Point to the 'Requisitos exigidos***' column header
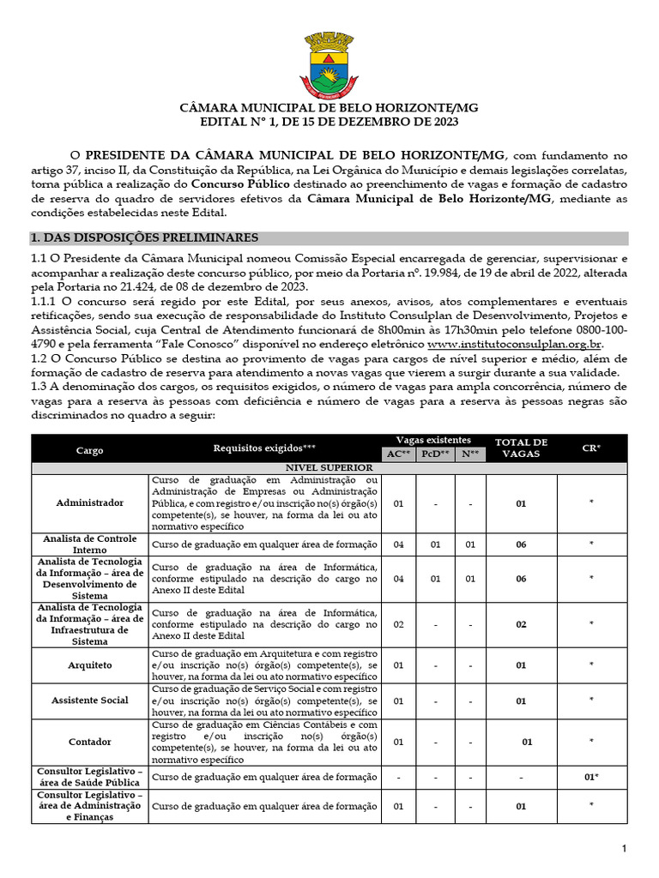point(264,448)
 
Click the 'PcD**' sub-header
point(435,454)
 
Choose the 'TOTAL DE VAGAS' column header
point(521,448)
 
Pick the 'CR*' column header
point(591,448)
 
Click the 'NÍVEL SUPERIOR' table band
point(329,467)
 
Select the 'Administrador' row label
point(89,502)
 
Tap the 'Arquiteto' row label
point(89,665)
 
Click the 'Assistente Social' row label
point(89,701)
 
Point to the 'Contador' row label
point(89,742)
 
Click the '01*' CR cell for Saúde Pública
point(591,777)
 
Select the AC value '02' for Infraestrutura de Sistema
point(398,624)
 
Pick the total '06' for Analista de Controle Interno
point(521,544)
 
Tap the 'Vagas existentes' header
point(433,440)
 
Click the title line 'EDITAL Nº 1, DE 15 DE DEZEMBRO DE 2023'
point(329,123)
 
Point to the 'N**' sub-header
point(470,454)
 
